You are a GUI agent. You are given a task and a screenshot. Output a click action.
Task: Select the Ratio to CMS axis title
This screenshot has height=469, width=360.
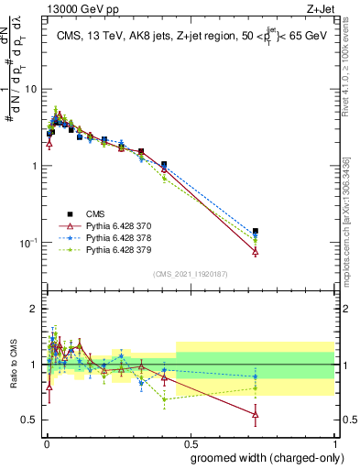12,365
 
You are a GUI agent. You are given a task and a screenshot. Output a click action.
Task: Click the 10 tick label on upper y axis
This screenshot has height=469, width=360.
29,89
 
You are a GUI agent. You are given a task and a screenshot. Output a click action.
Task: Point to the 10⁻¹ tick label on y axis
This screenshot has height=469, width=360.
27,243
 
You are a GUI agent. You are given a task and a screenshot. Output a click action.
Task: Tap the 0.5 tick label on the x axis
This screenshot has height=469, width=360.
189,442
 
